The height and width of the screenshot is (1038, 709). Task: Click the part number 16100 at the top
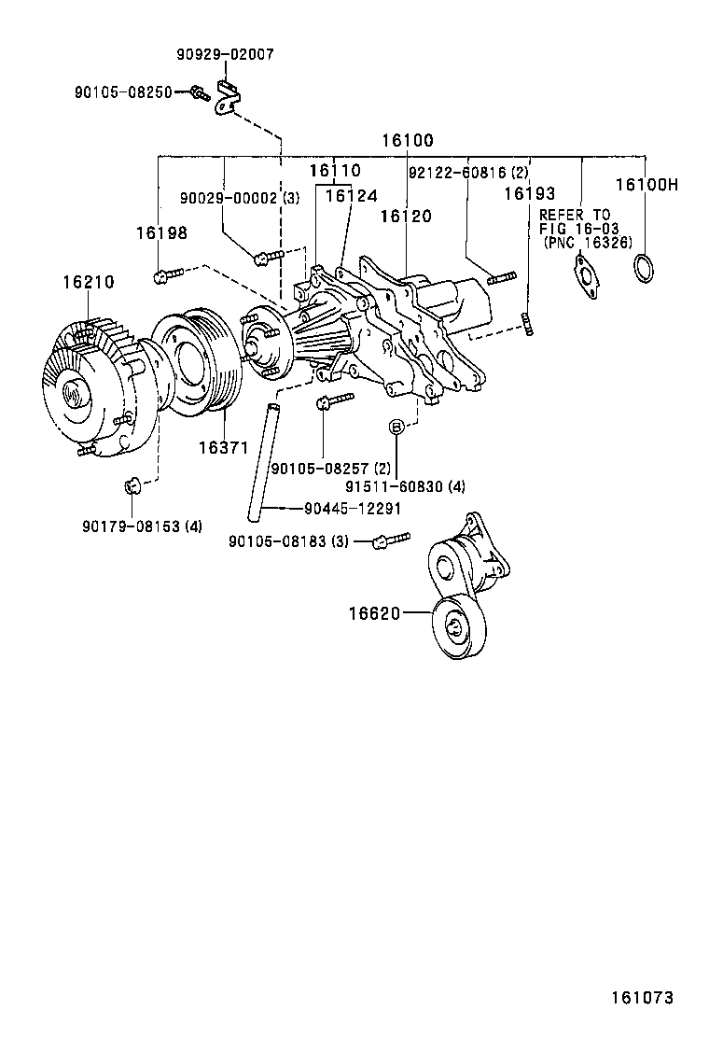(407, 141)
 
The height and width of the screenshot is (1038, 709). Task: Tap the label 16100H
(646, 185)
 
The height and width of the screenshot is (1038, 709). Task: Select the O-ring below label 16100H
(642, 268)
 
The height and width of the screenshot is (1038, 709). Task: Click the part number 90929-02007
(225, 55)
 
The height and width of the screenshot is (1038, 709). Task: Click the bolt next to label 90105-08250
(199, 92)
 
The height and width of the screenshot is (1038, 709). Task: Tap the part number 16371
(222, 448)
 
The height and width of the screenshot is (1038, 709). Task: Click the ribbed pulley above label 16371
(198, 359)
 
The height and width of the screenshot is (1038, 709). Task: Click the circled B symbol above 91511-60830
(396, 427)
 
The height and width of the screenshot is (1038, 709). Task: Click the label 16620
(375, 613)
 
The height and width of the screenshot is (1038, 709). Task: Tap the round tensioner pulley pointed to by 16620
(458, 627)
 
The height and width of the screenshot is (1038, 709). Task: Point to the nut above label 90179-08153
(132, 484)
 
